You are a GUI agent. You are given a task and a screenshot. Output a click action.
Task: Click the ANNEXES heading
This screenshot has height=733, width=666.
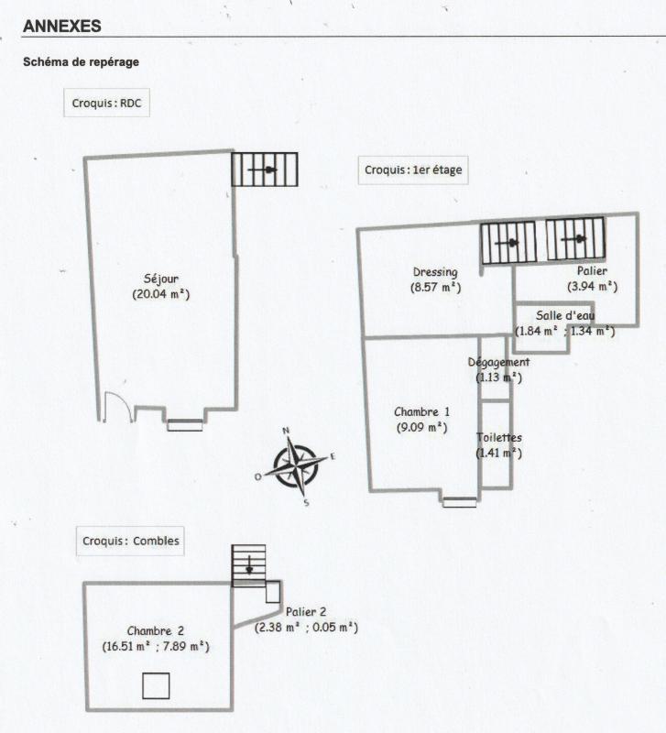click(61, 26)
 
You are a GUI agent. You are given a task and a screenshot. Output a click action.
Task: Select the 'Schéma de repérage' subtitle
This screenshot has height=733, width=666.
click(81, 63)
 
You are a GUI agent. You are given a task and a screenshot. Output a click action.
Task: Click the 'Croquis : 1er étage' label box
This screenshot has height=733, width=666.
click(412, 170)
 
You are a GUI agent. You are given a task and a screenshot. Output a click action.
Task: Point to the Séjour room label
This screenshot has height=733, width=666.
click(160, 279)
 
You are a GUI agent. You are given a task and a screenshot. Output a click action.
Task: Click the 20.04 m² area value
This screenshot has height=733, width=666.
click(160, 294)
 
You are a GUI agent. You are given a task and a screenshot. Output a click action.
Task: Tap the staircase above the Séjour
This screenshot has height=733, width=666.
click(265, 170)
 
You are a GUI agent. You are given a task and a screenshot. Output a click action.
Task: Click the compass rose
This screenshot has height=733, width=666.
click(295, 466)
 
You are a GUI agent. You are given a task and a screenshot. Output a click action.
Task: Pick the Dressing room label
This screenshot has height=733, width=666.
click(435, 272)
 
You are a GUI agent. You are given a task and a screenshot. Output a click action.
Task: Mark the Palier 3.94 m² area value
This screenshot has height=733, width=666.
click(592, 286)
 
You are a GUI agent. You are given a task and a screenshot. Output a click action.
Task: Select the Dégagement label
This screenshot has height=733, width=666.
click(497, 362)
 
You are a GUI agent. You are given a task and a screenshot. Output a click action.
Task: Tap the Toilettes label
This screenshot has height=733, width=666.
click(498, 437)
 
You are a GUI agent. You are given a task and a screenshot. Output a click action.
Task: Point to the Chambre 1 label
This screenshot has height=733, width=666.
click(421, 411)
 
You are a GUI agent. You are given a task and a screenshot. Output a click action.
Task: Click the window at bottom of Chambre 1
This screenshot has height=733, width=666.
click(459, 501)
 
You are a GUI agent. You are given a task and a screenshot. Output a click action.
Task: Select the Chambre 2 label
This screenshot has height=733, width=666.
click(156, 630)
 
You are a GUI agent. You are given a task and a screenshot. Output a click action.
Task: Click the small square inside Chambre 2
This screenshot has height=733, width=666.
click(156, 685)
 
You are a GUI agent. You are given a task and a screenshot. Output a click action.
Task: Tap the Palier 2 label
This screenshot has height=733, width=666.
click(305, 611)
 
